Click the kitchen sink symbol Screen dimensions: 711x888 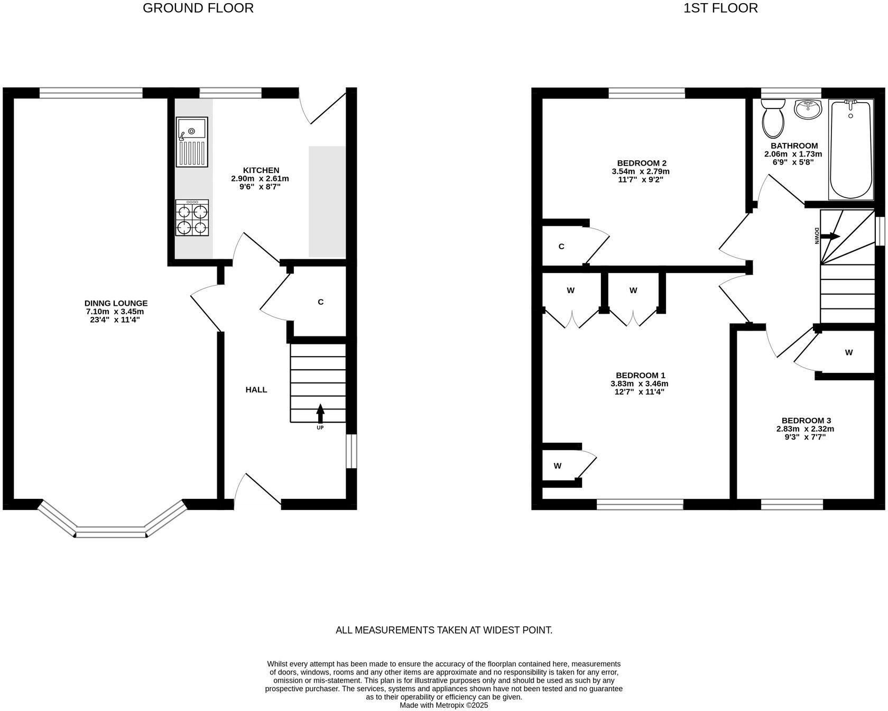(192, 141)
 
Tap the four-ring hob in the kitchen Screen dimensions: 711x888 (192, 218)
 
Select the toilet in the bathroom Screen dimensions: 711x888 (774, 118)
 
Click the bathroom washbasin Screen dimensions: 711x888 (808, 110)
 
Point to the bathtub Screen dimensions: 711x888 (850, 149)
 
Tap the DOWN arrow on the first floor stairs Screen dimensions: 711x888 (830, 236)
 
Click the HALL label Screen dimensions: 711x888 (256, 390)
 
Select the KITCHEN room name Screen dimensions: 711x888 (261, 170)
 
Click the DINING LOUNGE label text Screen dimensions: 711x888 (116, 303)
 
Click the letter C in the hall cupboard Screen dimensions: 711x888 (320, 302)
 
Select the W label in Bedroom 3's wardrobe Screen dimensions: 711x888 (849, 352)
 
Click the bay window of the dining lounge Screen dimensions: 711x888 (111, 532)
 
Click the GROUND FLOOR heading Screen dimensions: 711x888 (198, 8)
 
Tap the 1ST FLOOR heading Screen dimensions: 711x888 (720, 8)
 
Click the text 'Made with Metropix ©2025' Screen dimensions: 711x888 (443, 705)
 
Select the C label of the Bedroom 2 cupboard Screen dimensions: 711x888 (561, 247)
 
